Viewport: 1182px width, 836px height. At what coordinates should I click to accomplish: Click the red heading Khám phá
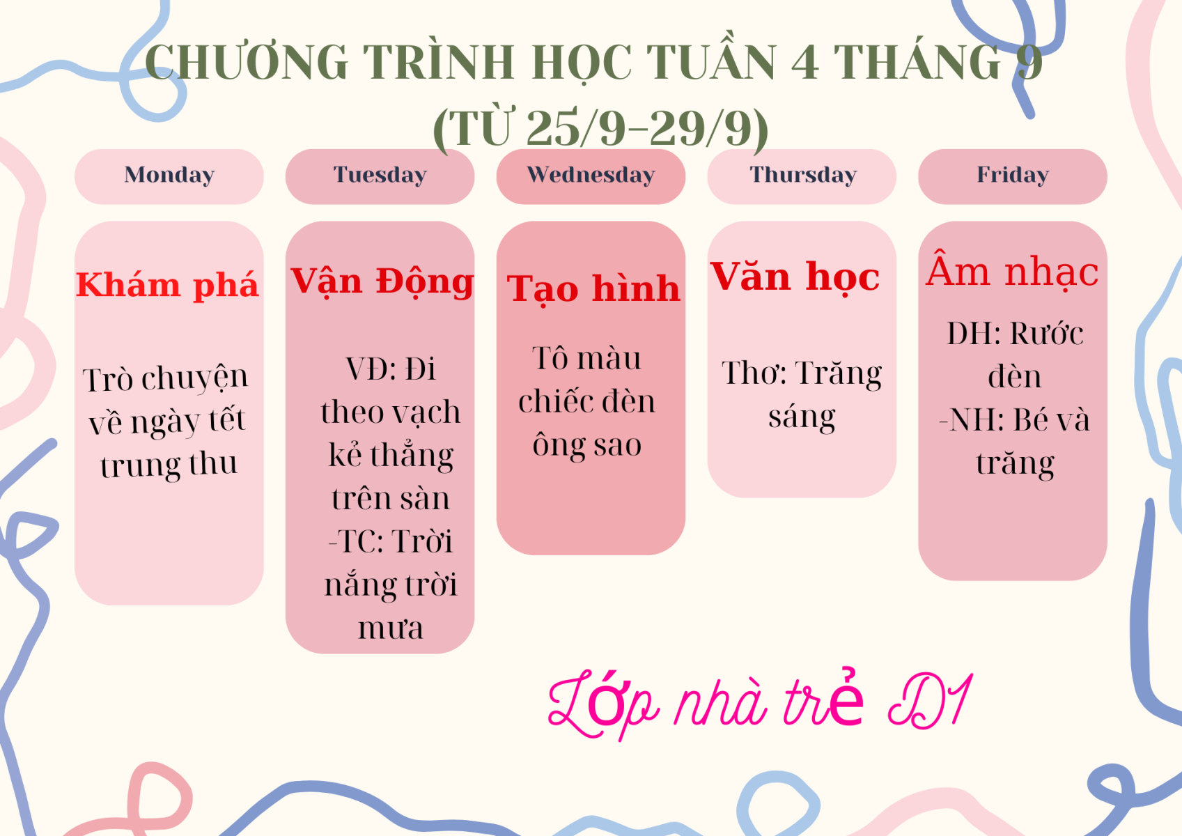click(167, 286)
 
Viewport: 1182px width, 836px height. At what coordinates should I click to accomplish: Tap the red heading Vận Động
click(382, 282)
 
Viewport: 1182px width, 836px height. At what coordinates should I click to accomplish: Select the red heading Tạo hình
click(593, 289)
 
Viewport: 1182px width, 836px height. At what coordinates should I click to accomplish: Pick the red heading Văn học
click(795, 277)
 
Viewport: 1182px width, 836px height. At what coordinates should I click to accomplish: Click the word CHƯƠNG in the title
click(247, 62)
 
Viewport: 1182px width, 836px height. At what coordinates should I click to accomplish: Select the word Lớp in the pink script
click(603, 705)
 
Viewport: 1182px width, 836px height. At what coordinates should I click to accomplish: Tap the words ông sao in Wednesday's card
click(586, 444)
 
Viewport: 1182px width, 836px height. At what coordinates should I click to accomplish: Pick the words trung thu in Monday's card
click(169, 465)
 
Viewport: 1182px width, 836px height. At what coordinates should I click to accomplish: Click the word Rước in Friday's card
click(1047, 334)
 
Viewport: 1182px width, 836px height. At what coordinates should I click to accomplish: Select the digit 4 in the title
click(804, 62)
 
